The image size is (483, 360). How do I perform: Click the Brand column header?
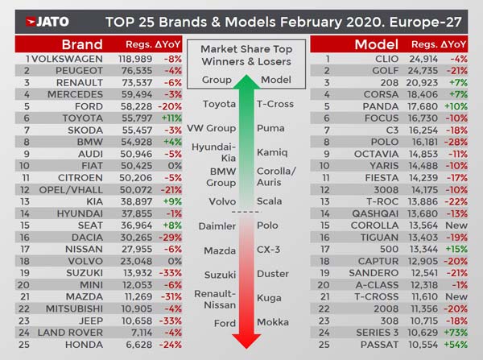click(x=81, y=44)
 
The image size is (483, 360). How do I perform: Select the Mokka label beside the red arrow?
click(x=270, y=323)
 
